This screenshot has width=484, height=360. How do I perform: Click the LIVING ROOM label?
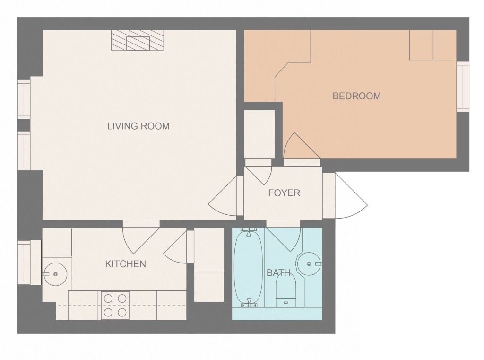click(x=138, y=126)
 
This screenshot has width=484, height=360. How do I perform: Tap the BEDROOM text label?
click(x=356, y=96)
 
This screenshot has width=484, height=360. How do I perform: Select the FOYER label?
click(x=284, y=193)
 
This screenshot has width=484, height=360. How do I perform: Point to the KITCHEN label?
click(x=125, y=264)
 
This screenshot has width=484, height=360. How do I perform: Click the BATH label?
click(x=278, y=273)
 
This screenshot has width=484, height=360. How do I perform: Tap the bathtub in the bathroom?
click(x=248, y=267)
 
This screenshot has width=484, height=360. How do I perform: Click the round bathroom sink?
click(x=309, y=263)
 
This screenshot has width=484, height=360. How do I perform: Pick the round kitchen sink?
click(x=55, y=274)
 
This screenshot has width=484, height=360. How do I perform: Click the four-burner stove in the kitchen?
click(x=115, y=305)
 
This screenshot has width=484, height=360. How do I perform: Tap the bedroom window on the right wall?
click(x=463, y=87)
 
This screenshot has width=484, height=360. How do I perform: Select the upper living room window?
click(x=24, y=99)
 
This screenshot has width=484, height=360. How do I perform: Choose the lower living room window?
click(x=24, y=150)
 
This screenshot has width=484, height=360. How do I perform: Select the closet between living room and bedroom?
click(x=259, y=134)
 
